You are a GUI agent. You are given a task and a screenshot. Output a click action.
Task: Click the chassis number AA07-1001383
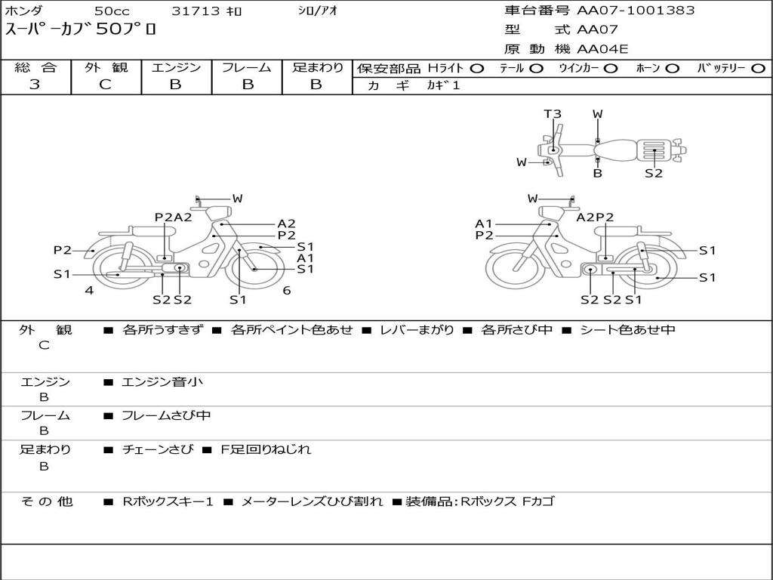(x=636, y=11)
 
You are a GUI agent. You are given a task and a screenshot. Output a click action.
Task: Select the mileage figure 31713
(x=196, y=11)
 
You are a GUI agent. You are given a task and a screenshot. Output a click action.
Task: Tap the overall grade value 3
(x=35, y=85)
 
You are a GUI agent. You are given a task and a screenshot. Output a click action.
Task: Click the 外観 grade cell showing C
(x=106, y=85)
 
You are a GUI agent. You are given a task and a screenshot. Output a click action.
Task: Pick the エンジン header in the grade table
(x=176, y=67)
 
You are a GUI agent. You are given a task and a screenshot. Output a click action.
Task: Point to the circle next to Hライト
(x=477, y=69)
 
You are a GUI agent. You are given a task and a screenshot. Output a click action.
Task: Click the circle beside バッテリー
(x=758, y=69)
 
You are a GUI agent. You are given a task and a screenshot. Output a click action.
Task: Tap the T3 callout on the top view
(x=553, y=114)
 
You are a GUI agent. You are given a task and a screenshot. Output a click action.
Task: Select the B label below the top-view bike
(x=598, y=174)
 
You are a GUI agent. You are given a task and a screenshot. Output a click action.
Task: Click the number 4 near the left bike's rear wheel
(x=89, y=291)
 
